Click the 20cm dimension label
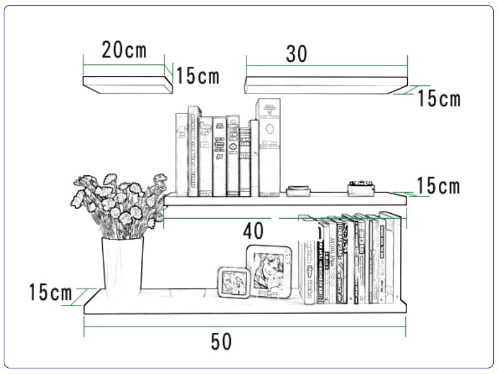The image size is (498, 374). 124,50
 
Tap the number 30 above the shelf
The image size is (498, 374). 297,54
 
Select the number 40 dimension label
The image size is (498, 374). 253,231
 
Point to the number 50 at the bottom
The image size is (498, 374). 221,342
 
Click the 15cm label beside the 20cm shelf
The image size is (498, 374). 197,76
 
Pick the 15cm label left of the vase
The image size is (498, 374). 50,292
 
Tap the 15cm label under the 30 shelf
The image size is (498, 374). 439,98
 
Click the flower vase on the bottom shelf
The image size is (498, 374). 123,265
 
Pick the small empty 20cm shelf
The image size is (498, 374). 128,84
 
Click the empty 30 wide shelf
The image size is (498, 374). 326,85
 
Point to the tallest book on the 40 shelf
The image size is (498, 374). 268,147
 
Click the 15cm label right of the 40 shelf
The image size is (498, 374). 438,186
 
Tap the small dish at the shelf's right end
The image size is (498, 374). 360,186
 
